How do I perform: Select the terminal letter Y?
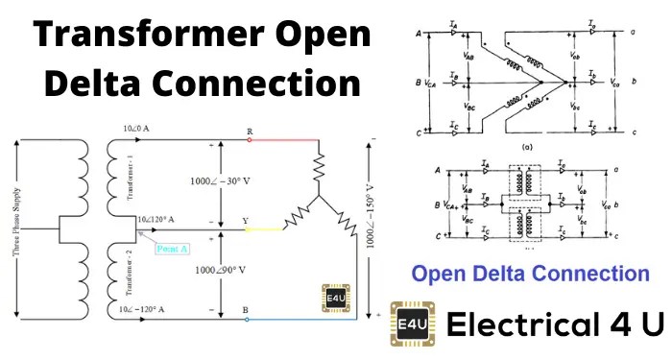[x=246, y=221]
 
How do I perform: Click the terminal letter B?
[x=247, y=309]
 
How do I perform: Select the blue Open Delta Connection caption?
[x=531, y=274]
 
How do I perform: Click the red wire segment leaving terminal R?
[x=283, y=138]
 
